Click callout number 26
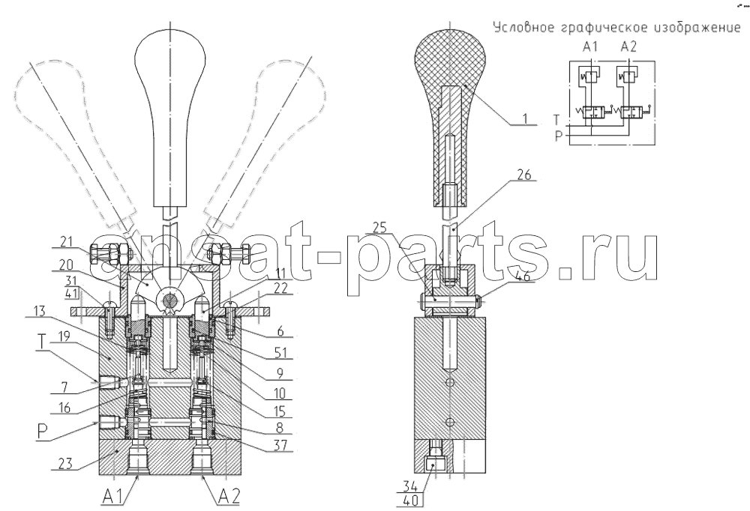(x=524, y=175)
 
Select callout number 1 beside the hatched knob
(x=526, y=118)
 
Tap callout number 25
(x=379, y=228)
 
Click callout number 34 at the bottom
(x=410, y=487)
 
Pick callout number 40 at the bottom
(x=410, y=501)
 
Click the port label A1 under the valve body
(x=113, y=498)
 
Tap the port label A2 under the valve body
(x=228, y=498)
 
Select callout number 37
(x=281, y=445)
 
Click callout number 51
(x=280, y=353)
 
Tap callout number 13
(x=40, y=312)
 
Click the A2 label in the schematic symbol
(x=628, y=47)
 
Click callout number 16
(x=64, y=408)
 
